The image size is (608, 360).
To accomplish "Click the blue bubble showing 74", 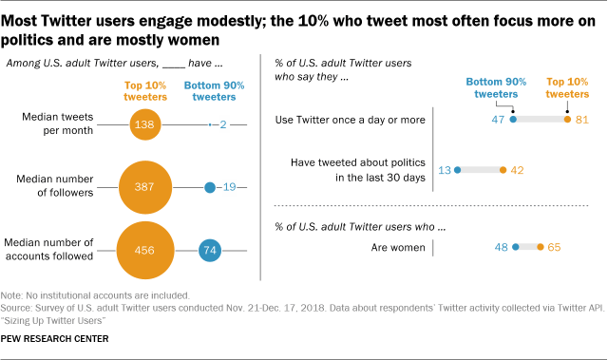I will point(211,251).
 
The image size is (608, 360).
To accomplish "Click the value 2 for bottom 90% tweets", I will point(221,124).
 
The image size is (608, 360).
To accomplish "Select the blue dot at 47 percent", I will point(513,120).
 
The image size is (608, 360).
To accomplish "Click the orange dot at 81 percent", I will point(566,120).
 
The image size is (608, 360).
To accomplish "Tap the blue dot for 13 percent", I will point(458,170).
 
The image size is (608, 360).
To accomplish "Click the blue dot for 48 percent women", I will point(515,247).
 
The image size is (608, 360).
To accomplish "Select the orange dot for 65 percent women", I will point(541,247).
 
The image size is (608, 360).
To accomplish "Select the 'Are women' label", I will point(398,247).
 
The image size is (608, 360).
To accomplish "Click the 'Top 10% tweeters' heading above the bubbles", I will point(145,90).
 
